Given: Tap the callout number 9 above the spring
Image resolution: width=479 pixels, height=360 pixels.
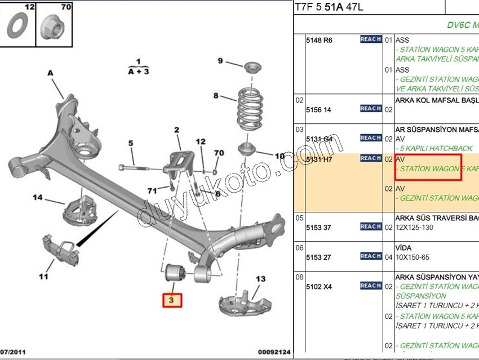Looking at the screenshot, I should tap(220, 61).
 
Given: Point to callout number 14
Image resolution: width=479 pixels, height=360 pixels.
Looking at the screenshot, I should tap(38, 197).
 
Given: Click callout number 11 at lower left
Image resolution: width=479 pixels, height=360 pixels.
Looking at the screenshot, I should tap(43, 276).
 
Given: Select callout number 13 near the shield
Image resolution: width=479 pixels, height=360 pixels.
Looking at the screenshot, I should tap(260, 279).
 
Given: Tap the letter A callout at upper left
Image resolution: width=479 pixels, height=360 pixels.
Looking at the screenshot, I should tap(50, 73).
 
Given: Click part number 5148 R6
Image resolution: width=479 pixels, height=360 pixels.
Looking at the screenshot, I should tap(319, 40).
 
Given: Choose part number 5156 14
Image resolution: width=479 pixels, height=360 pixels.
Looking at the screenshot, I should tap(318, 109).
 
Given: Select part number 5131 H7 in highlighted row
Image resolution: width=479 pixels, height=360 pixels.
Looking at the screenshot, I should tap(319, 159).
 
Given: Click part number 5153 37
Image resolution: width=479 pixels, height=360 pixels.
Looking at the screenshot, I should tap(319, 227).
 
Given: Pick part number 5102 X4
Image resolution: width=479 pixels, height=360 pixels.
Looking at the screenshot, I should tap(319, 286).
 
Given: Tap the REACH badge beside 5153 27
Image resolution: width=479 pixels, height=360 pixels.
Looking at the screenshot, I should tap(371, 256).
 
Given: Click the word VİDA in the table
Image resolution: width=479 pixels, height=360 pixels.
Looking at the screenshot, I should tap(403, 247).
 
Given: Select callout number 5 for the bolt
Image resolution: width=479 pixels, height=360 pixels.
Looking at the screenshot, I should tap(131, 143).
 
